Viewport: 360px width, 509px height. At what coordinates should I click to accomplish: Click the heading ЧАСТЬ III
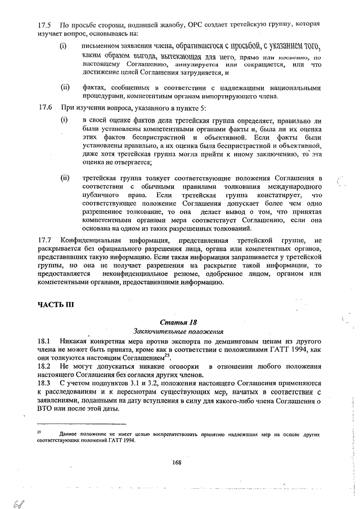[x=56, y=305]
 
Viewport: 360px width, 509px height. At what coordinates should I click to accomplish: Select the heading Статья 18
[x=178, y=322]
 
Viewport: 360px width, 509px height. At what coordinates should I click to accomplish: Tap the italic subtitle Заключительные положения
[x=178, y=331]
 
